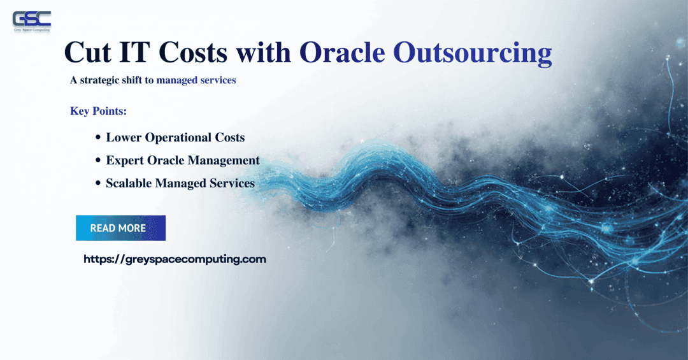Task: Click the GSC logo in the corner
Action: pos(31,18)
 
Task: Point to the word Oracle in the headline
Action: pos(342,53)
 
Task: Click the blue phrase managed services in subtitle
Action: pos(196,80)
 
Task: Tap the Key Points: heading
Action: pos(98,111)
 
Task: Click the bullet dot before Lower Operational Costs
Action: pos(98,138)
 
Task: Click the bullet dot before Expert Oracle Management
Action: pos(98,161)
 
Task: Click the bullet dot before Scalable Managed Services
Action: pos(98,184)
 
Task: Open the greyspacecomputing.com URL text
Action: pos(175,259)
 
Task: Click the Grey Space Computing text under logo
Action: pos(31,31)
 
